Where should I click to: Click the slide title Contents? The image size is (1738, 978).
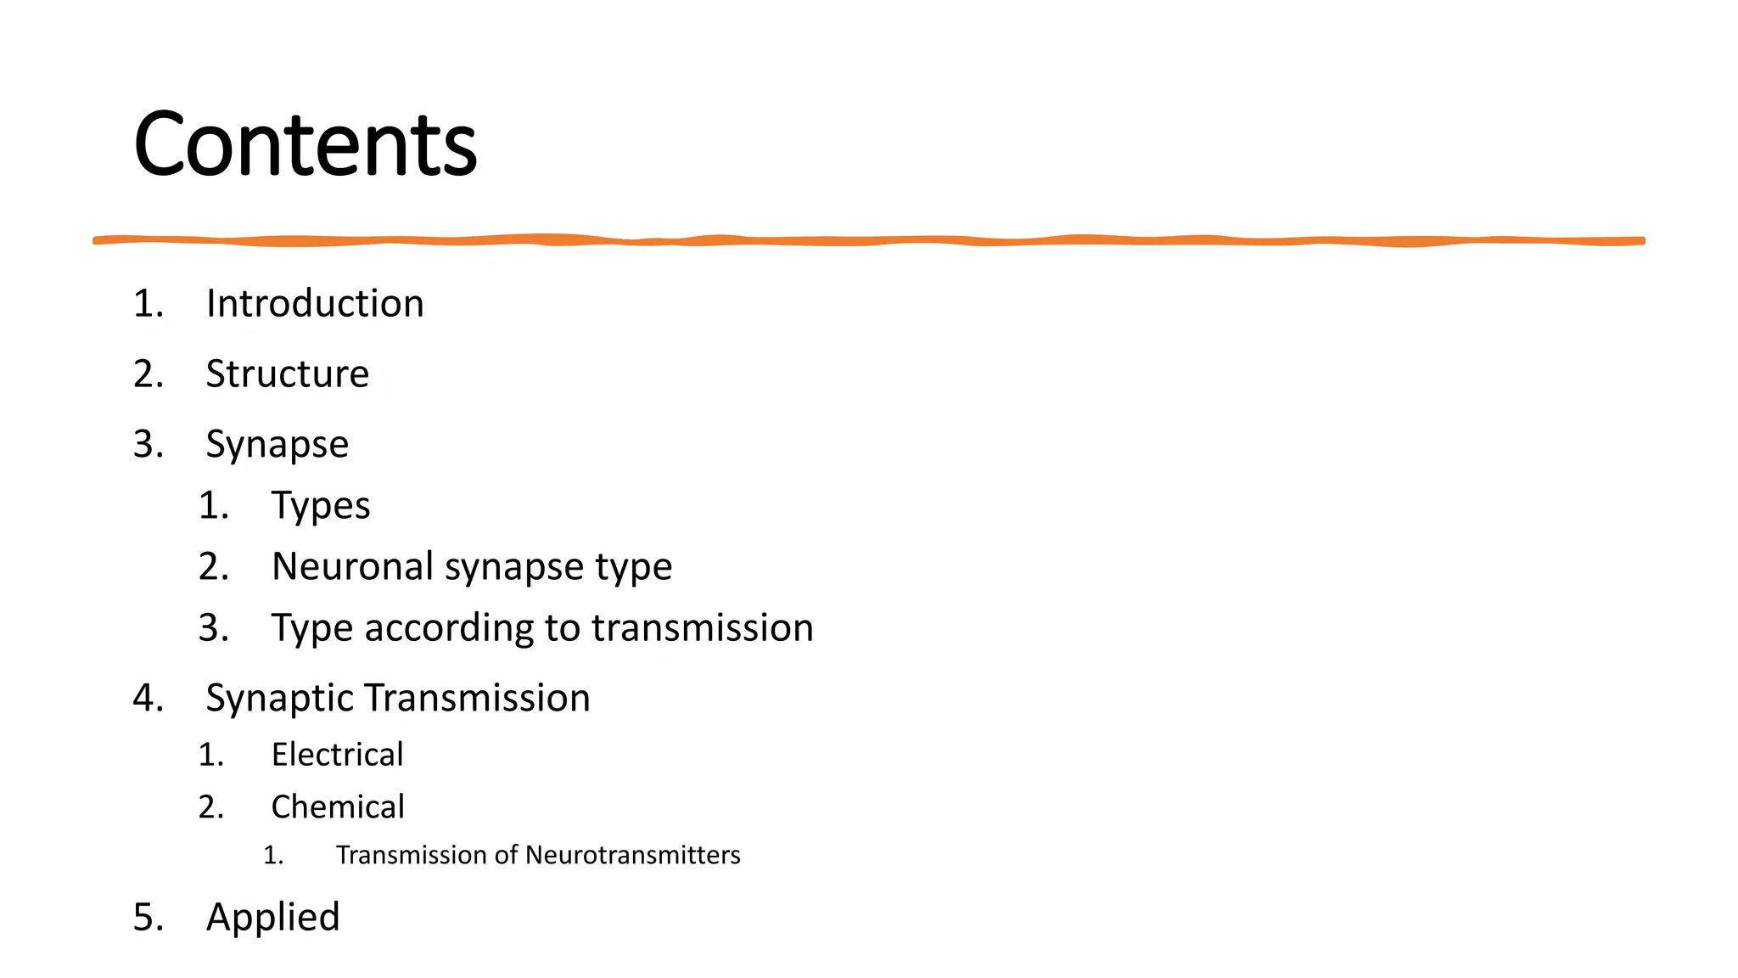click(x=306, y=144)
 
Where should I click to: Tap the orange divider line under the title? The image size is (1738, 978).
click(x=869, y=241)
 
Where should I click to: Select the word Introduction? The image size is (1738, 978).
click(x=315, y=304)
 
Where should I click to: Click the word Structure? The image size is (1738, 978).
click(x=288, y=374)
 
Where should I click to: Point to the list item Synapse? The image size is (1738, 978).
click(x=278, y=445)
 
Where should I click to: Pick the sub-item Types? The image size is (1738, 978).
click(x=321, y=506)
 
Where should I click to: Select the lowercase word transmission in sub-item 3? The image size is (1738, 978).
click(x=703, y=628)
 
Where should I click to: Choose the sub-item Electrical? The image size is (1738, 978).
click(x=337, y=755)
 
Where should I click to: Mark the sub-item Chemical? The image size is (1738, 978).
click(x=338, y=807)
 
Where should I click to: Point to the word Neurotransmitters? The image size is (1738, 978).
click(x=633, y=855)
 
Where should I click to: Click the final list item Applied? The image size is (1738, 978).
click(x=273, y=918)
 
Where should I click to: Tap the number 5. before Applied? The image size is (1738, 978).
click(x=149, y=918)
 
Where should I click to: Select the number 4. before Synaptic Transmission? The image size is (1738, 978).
click(x=149, y=699)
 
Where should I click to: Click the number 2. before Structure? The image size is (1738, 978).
click(x=149, y=374)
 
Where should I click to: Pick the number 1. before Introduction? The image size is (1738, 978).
click(x=149, y=304)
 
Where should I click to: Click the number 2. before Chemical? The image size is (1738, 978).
click(x=211, y=807)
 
